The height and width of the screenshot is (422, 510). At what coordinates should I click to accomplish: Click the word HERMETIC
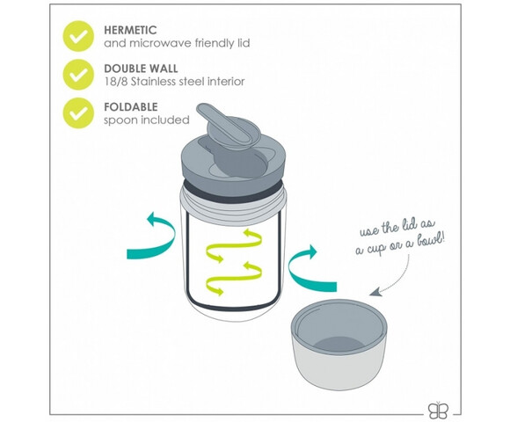(x=130, y=30)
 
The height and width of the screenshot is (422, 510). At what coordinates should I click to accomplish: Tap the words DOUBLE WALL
(x=141, y=69)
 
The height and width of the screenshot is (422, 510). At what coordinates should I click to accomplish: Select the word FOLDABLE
(x=131, y=107)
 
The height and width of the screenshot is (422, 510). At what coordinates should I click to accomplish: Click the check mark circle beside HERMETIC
(x=78, y=36)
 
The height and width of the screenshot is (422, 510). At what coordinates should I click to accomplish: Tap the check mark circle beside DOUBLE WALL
(x=78, y=75)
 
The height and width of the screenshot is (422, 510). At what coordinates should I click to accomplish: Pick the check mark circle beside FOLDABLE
(x=78, y=113)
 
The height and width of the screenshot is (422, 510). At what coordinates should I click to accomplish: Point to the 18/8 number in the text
(x=116, y=82)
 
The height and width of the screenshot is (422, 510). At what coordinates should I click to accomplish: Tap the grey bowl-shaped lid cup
(x=339, y=344)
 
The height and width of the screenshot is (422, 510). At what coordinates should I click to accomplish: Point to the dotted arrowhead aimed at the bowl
(x=375, y=292)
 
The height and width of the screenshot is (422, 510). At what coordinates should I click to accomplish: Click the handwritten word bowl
(x=427, y=241)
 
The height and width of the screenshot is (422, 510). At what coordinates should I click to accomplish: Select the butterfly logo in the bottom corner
(x=438, y=411)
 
